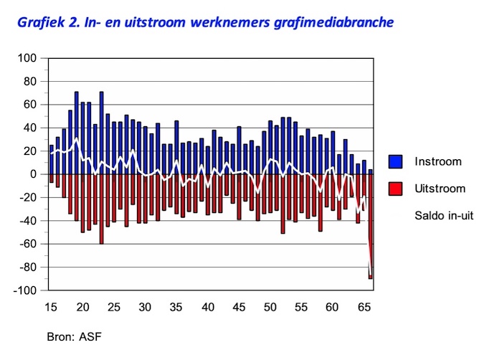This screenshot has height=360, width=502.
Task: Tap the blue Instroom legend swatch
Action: point(395,161)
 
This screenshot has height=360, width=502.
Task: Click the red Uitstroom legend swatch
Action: point(395,189)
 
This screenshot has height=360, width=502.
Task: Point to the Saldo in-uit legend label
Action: point(446,214)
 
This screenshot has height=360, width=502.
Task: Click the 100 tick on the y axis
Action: point(28,57)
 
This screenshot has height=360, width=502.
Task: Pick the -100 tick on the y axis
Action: point(25,290)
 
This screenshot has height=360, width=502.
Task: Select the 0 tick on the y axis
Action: point(32,174)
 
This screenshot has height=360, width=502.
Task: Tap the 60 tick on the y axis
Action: point(30,104)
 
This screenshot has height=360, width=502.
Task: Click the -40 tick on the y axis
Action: point(28,220)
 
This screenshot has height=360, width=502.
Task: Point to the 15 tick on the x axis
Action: point(52,307)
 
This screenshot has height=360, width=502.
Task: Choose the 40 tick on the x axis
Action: point(208,307)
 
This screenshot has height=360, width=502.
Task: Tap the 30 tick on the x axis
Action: point(146,307)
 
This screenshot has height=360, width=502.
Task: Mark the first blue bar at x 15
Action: point(52,159)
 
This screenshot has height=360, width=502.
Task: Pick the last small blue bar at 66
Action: point(371,171)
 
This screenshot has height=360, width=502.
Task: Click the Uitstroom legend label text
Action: point(440,189)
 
